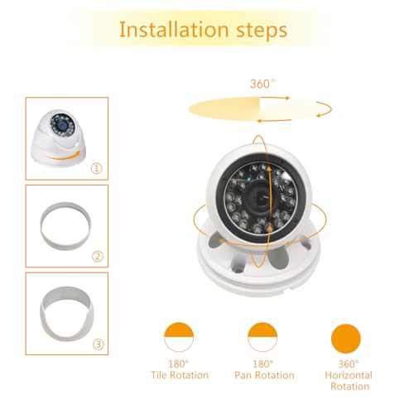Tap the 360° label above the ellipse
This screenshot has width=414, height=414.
[x=262, y=84]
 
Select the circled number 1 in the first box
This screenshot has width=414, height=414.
[x=97, y=168]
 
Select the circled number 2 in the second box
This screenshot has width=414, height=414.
[x=97, y=256]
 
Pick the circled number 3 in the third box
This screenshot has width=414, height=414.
[x=97, y=343]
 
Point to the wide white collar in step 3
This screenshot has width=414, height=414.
[x=64, y=310]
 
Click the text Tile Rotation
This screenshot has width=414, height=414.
[x=178, y=375]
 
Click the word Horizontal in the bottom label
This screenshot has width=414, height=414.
[x=348, y=375]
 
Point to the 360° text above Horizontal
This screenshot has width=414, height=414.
[x=348, y=363]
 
